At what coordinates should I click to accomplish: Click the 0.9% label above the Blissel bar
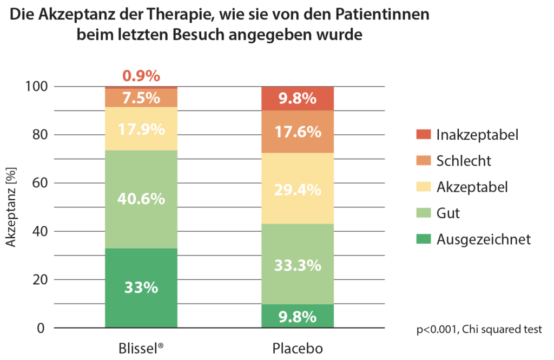[x=141, y=76]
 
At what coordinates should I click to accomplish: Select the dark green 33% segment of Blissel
[x=141, y=288]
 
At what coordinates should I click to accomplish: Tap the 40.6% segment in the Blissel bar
[x=141, y=199]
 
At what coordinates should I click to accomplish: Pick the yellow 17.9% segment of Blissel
[x=141, y=128]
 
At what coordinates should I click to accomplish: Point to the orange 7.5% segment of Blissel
[x=141, y=98]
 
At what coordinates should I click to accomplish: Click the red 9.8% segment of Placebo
[x=298, y=99]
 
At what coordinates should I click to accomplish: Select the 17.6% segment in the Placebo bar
[x=298, y=132]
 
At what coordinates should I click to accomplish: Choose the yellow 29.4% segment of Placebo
[x=298, y=189]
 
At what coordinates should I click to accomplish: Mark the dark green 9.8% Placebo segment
[x=298, y=316]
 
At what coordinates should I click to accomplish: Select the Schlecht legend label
[x=464, y=161]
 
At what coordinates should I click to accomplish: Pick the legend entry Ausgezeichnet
[x=484, y=239]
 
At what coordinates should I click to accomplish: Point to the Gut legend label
[x=448, y=213]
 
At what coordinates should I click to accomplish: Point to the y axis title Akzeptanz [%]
[x=12, y=206]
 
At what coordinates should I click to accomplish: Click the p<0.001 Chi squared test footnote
[x=479, y=329]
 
